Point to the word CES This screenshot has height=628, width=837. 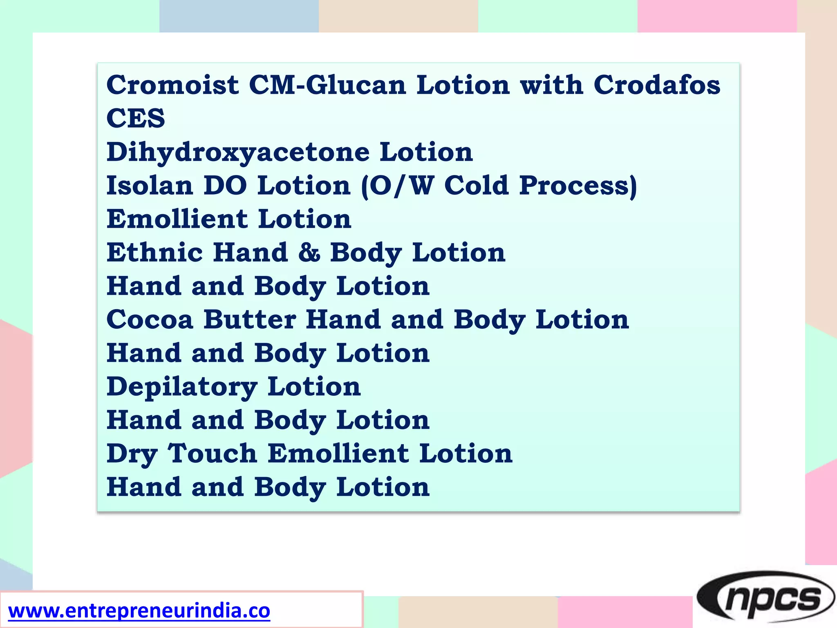(136, 118)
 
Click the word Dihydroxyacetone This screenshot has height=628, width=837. (238, 153)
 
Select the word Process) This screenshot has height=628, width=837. (578, 186)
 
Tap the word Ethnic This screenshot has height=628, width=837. (154, 252)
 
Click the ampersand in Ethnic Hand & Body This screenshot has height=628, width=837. (309, 252)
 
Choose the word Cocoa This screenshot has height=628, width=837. (150, 319)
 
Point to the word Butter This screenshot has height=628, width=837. (250, 319)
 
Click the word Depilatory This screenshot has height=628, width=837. (182, 387)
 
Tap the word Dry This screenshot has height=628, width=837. (132, 454)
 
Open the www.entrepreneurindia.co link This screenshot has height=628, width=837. (139, 611)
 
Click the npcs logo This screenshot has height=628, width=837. (765, 598)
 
